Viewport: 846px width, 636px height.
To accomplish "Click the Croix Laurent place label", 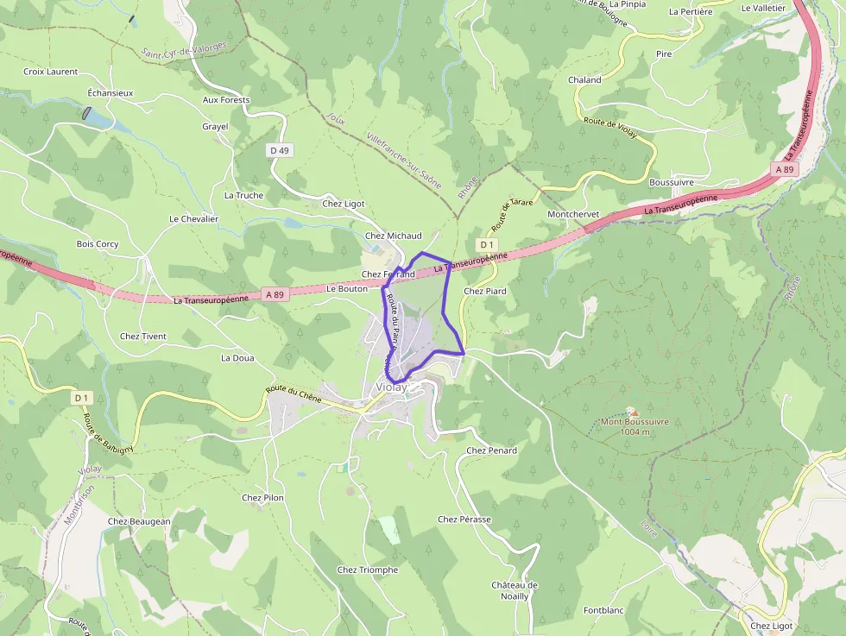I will (50, 72).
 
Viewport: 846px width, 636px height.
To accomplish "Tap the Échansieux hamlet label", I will (110, 92).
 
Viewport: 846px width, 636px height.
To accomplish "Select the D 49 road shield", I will (279, 150).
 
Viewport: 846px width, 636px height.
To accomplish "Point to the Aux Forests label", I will (226, 100).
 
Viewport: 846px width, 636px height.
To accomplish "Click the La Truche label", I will (243, 195).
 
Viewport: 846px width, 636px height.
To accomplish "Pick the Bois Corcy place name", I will (98, 244).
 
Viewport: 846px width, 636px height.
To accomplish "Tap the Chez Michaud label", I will (394, 236).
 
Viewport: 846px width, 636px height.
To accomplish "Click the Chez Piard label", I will (485, 291).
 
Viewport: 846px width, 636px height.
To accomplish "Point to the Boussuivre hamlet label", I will (672, 182).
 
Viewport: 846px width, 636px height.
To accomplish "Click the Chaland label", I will (584, 79).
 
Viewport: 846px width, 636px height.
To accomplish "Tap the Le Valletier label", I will (763, 7).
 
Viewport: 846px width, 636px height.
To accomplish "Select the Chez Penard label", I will (491, 450).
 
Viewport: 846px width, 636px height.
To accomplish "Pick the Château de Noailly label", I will (515, 590).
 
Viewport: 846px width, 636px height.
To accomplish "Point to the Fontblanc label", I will (603, 610).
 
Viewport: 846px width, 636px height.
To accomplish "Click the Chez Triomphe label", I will (368, 570).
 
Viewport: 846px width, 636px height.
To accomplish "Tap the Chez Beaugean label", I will (139, 521).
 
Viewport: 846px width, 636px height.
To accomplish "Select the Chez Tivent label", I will (143, 337).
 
